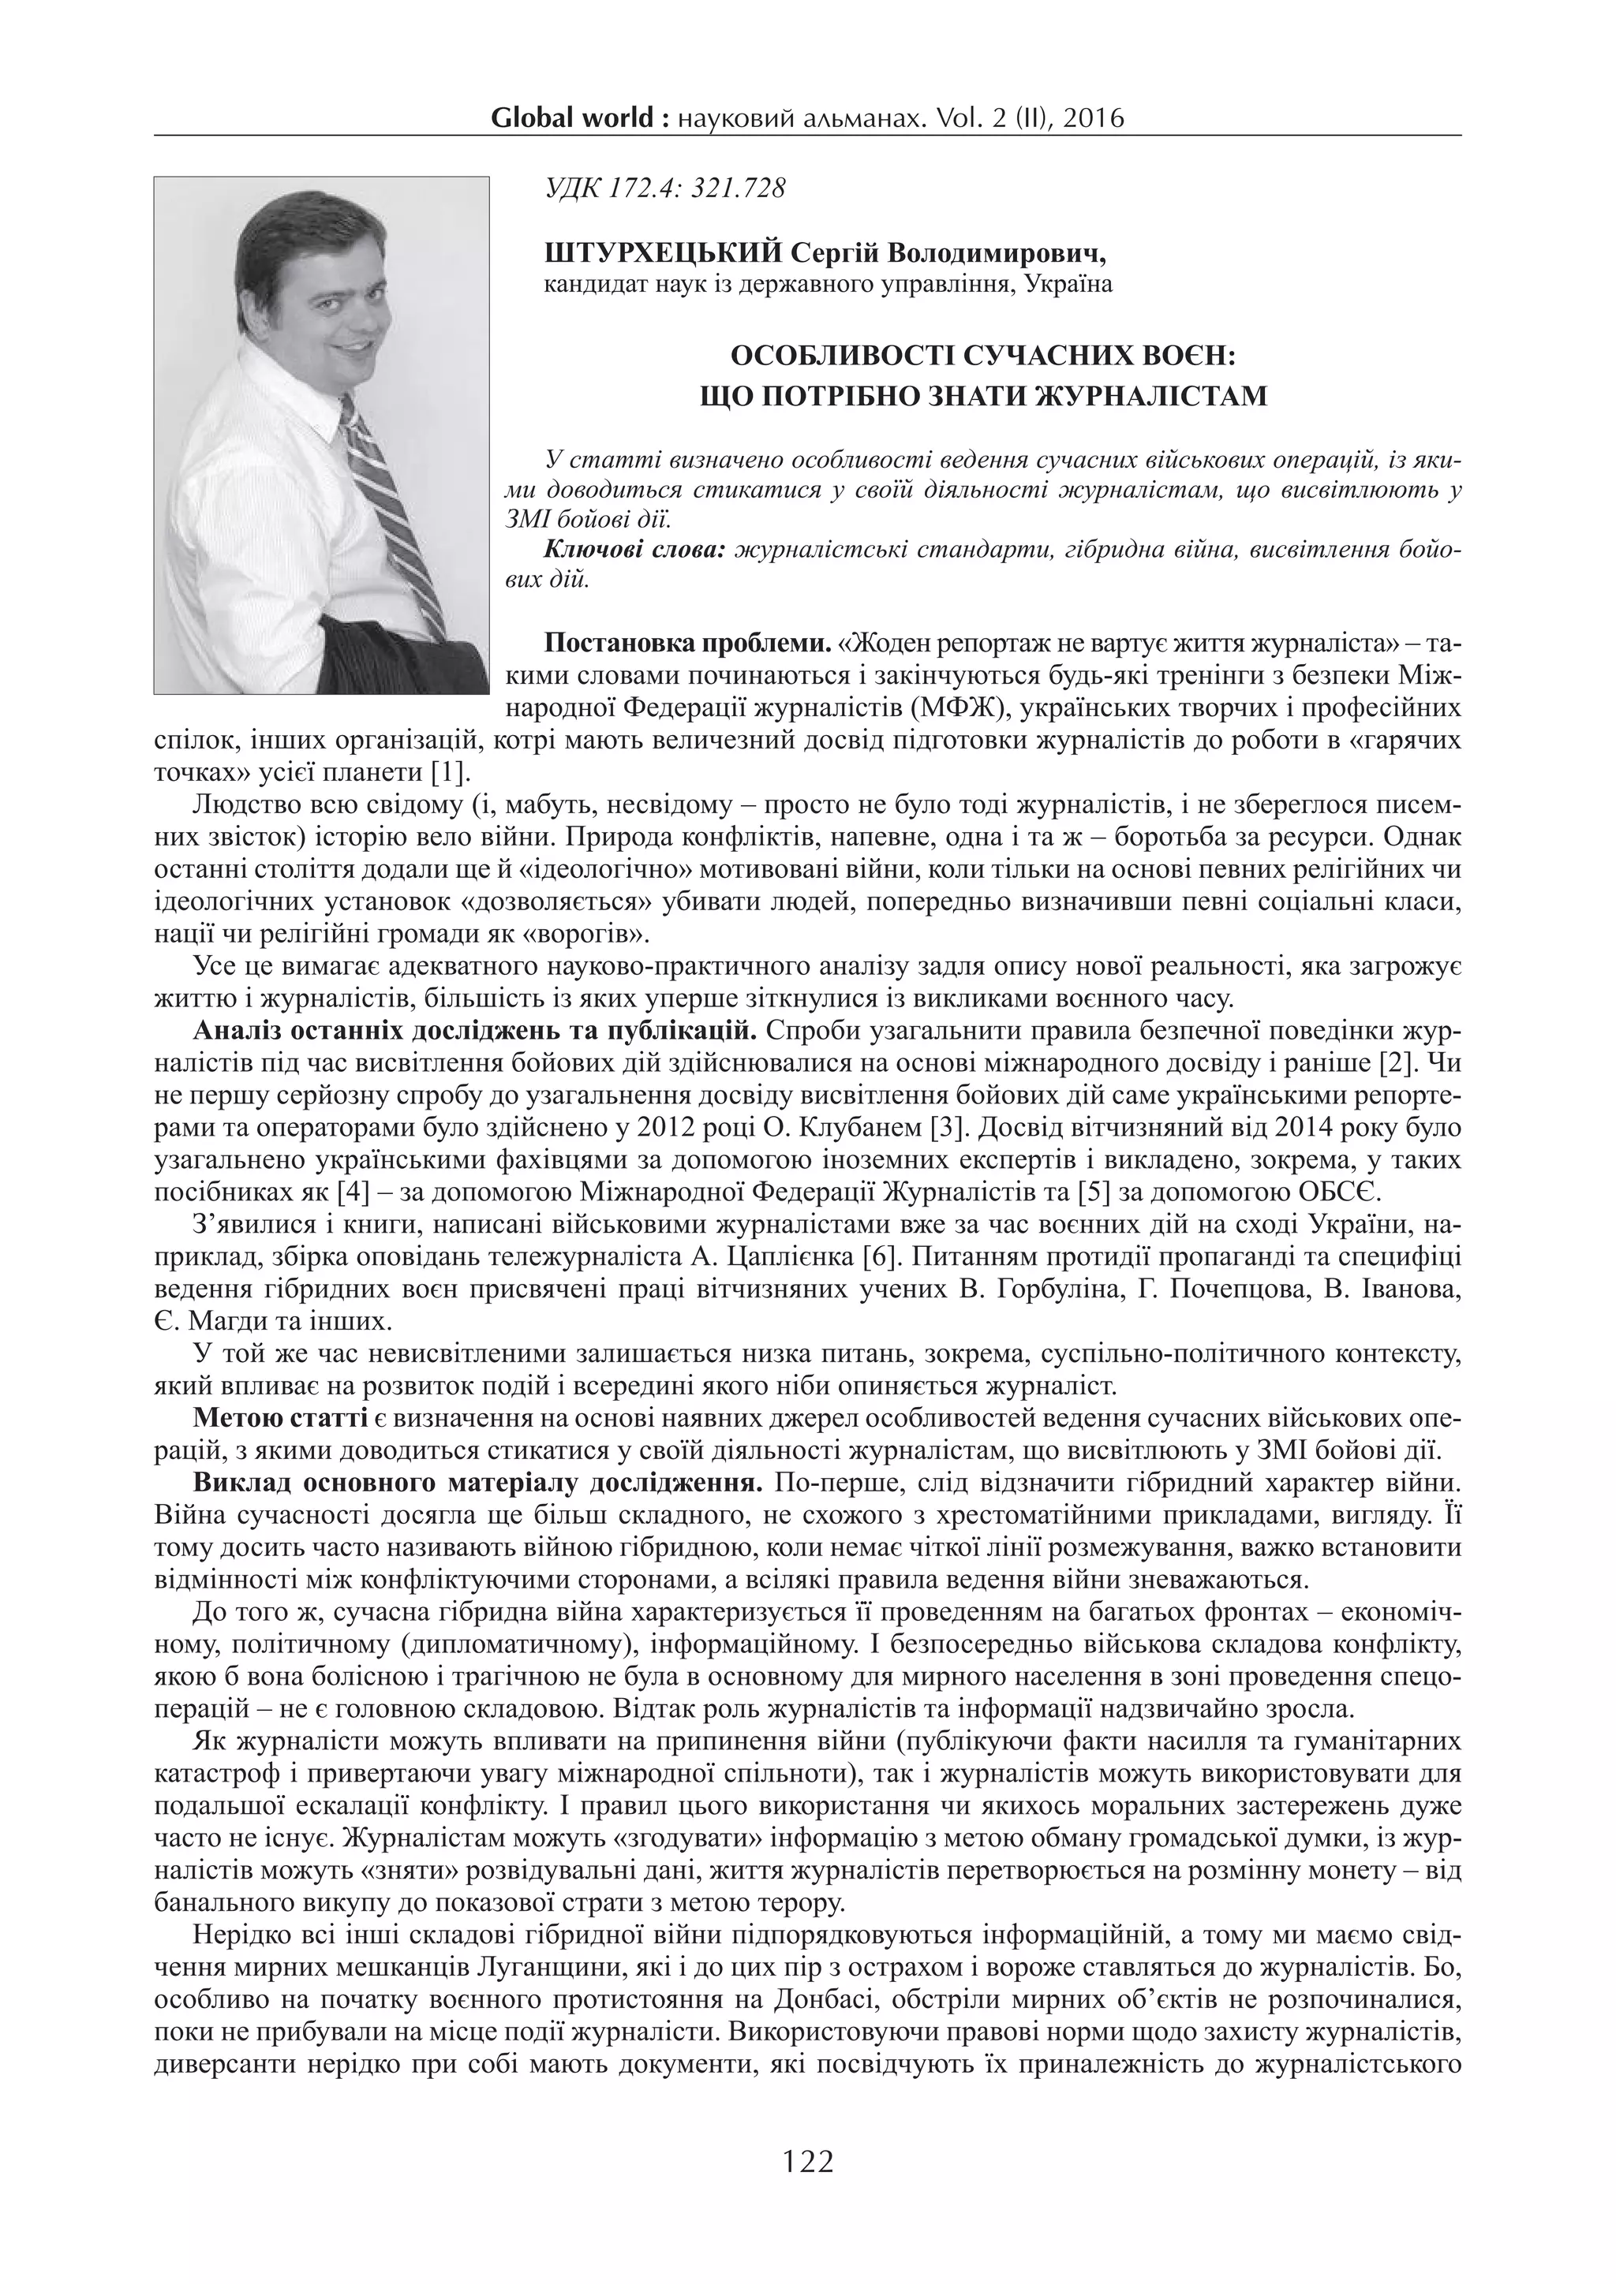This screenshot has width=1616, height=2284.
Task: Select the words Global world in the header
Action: [573, 119]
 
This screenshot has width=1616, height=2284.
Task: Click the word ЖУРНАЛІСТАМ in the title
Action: [1152, 397]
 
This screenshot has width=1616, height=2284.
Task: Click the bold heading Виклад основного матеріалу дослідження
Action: [477, 1482]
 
